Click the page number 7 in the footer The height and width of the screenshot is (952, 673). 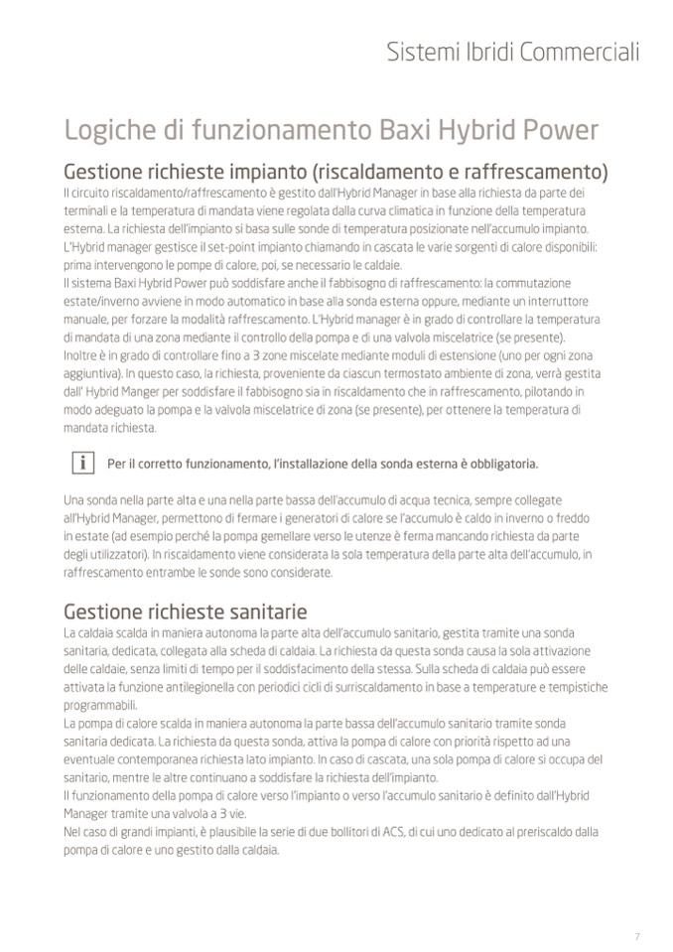(637, 935)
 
